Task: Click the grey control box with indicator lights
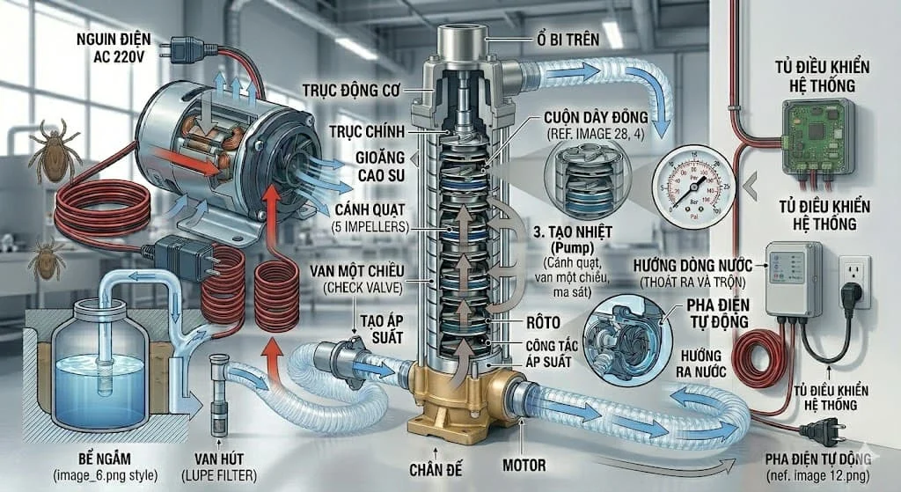point(792,278)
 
